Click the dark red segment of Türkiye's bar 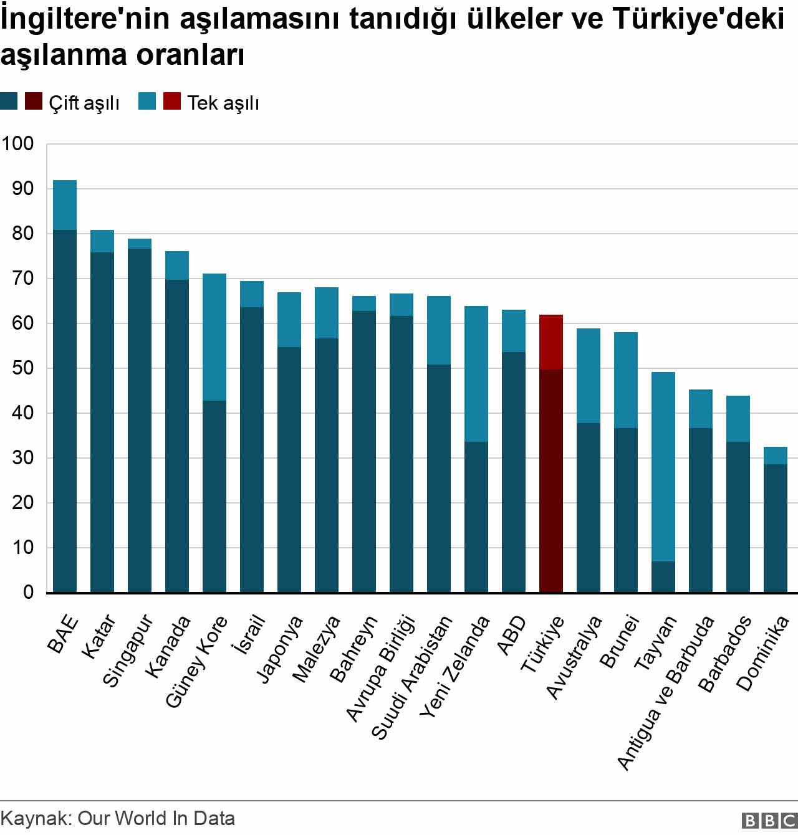coord(551,480)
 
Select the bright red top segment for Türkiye coord(551,341)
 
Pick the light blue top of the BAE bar coord(65,205)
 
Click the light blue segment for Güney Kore coord(214,336)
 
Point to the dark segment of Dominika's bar coord(776,528)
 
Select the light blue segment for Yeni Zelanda coord(476,374)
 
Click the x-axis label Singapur coord(128,651)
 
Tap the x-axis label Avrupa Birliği coord(381,667)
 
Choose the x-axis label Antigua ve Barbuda coord(666,692)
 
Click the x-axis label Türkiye coord(542,644)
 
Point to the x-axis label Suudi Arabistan coord(412,677)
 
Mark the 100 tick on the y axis coord(17,144)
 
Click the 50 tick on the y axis coord(22,368)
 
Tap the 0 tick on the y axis coord(28,593)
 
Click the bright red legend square coord(172,101)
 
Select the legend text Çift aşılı coord(84,103)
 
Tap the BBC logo coord(769,820)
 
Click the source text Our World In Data coord(156,818)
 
